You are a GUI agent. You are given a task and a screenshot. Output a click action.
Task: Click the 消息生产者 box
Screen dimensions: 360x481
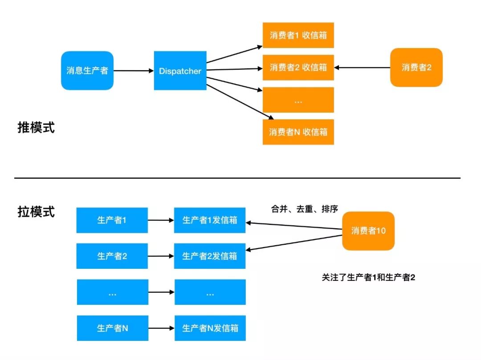(87, 70)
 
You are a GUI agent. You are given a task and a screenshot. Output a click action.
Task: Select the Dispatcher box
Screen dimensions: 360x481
(180, 71)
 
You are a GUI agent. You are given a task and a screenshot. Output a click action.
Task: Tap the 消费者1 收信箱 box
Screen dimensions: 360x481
(298, 36)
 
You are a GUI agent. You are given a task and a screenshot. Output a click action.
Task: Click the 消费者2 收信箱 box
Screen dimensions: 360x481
(298, 68)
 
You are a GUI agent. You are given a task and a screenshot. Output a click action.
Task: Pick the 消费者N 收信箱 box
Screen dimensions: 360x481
(298, 132)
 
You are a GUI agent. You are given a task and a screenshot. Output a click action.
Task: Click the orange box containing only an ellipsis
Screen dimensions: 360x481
(298, 100)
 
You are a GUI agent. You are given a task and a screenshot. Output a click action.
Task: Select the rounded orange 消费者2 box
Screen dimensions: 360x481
(416, 68)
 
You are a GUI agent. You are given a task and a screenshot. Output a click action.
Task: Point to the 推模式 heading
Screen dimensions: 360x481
(36, 128)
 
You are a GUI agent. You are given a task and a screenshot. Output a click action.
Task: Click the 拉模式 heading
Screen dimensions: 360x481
(36, 212)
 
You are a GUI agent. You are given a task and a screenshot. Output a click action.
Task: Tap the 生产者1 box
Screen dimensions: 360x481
(112, 220)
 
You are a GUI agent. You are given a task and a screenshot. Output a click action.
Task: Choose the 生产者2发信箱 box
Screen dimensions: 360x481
(210, 256)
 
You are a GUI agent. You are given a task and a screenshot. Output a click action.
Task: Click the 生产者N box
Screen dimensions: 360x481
(112, 328)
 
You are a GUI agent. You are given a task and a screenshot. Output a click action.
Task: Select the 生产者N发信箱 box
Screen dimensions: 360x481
(210, 328)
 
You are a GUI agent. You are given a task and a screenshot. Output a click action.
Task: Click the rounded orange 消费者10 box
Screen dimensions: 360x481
(368, 231)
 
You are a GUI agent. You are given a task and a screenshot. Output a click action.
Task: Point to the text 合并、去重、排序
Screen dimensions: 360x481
(304, 209)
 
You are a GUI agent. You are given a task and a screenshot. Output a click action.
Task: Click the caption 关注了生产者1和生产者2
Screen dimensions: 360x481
(368, 277)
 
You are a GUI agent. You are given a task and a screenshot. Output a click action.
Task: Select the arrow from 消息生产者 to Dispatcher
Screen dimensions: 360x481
(134, 70)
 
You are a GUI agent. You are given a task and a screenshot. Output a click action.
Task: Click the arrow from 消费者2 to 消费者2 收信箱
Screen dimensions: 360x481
(362, 68)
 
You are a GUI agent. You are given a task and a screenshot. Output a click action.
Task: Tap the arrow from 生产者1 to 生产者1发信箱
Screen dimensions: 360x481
(161, 220)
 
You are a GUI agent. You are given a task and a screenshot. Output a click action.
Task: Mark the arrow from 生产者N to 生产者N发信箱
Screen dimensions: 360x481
(161, 328)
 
